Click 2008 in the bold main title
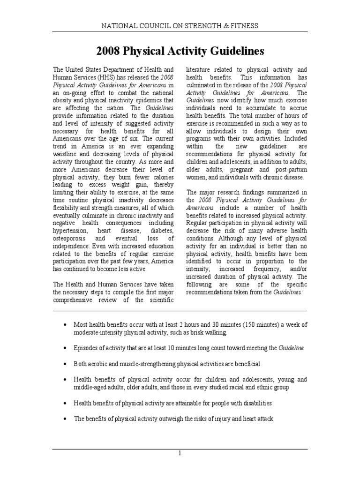[108, 51]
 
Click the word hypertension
[70, 231]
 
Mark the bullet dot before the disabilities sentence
[64, 403]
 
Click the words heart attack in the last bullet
[258, 419]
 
